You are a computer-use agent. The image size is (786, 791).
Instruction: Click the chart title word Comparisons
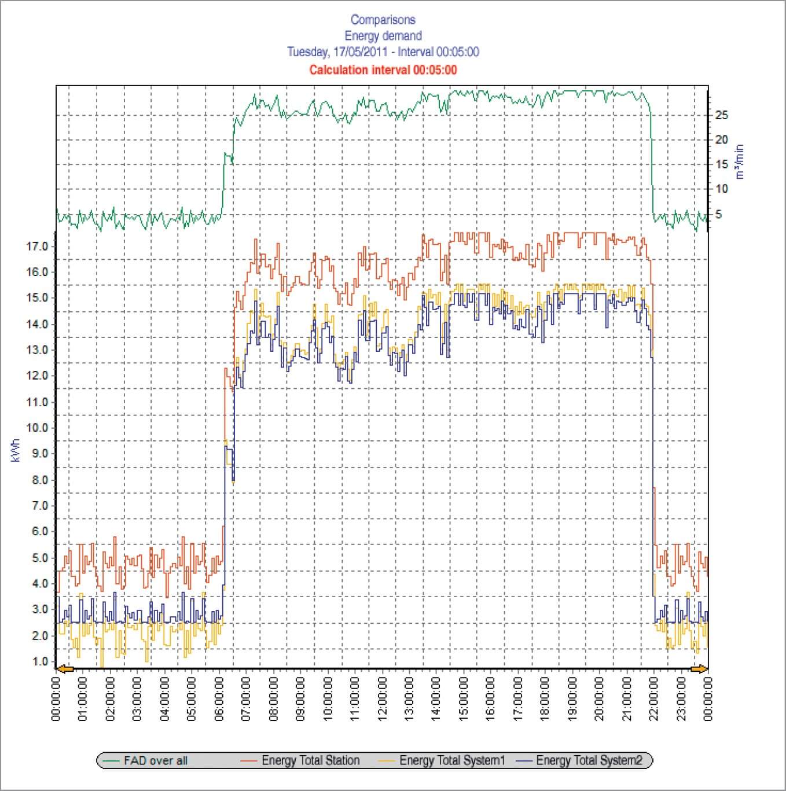tap(383, 20)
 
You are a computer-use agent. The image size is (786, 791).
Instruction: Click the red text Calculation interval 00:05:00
tap(383, 70)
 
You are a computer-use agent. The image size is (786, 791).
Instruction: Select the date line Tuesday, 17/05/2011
tap(339, 52)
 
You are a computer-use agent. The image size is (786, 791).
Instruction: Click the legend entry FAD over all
tap(155, 760)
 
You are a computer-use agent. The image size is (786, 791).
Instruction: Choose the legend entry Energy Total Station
tap(310, 760)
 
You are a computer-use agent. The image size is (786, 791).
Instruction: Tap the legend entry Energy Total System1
tap(452, 760)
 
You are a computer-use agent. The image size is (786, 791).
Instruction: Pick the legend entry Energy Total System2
tap(589, 760)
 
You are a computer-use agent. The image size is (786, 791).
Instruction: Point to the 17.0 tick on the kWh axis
tap(37, 247)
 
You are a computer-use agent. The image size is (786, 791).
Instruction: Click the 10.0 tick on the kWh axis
tap(37, 428)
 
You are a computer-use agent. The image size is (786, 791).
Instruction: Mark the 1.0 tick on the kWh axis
tap(40, 661)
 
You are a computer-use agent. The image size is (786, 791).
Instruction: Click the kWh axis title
tap(16, 450)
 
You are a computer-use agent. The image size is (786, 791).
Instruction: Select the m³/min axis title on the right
tap(740, 162)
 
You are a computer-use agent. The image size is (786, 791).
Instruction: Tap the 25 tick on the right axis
tap(721, 115)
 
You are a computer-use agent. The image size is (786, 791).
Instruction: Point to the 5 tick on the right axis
tap(718, 215)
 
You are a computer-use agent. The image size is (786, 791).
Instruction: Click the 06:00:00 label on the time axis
tap(220, 698)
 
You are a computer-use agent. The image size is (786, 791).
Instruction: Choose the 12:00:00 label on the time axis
tap(383, 698)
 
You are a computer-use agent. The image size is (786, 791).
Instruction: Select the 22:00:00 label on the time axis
tap(653, 698)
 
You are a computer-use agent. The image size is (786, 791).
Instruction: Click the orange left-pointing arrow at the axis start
tap(65, 669)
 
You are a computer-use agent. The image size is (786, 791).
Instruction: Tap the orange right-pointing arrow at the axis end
tap(699, 669)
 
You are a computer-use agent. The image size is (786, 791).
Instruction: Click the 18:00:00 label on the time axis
tap(545, 698)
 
